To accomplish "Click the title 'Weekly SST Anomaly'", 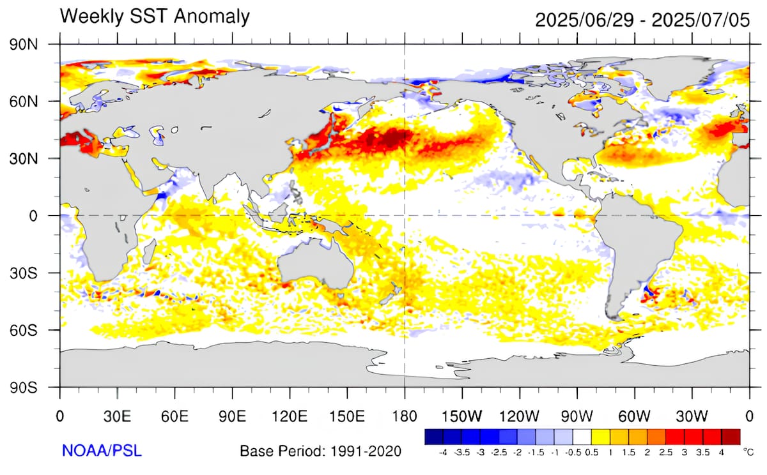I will (x=155, y=16).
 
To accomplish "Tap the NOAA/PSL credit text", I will (x=102, y=451).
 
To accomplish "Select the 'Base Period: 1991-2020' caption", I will (x=320, y=451).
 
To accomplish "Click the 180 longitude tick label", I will (x=405, y=417).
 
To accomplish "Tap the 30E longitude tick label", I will (x=118, y=417).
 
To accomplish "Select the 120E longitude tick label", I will (x=290, y=417).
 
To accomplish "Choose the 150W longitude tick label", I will (x=462, y=417).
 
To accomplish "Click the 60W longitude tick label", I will (x=634, y=417).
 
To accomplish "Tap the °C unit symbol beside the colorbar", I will (x=748, y=452).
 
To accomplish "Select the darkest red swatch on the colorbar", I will (x=732, y=437).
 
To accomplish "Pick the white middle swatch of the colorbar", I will (x=582, y=437).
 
